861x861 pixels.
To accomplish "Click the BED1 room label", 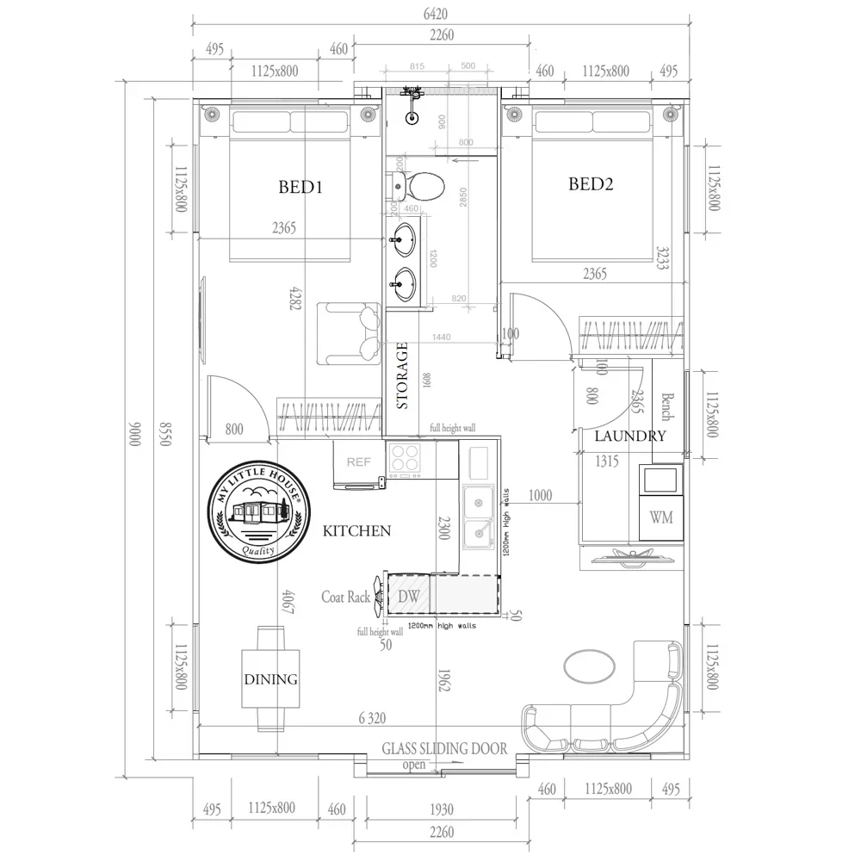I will [300, 186].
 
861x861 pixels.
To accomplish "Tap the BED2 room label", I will [591, 183].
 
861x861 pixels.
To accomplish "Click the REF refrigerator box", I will [359, 462].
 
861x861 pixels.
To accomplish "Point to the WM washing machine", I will [661, 517].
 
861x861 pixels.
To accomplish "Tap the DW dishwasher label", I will [408, 596].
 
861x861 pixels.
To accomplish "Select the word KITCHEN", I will [356, 531].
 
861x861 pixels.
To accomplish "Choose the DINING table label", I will [269, 679].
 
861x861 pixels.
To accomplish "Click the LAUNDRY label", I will [630, 437].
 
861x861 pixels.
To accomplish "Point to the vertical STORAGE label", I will [402, 375].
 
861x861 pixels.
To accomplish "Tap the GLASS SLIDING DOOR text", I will [444, 749].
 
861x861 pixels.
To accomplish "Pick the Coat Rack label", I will [346, 597].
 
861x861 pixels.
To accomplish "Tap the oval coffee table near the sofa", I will [589, 666].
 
